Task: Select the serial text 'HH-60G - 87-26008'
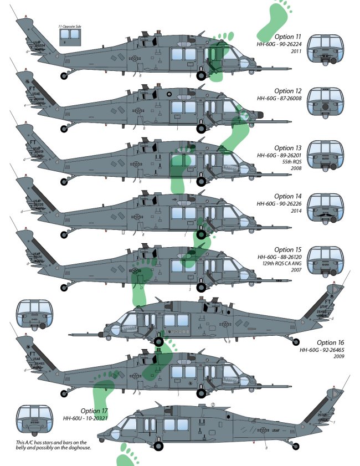point(279,99)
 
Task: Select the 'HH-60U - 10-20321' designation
point(84,419)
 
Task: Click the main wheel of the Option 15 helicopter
point(200,286)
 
